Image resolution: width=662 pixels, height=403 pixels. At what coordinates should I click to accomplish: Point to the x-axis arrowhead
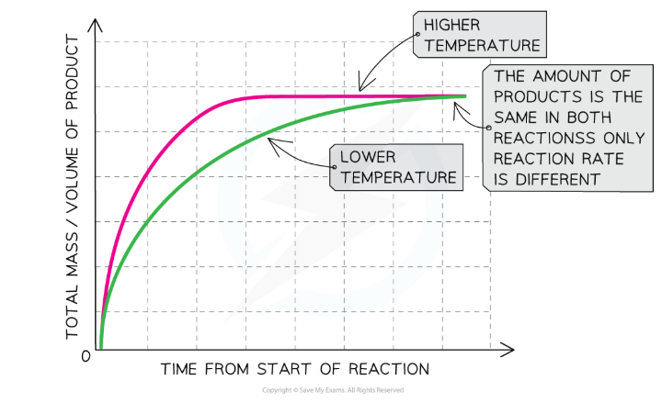pos(508,349)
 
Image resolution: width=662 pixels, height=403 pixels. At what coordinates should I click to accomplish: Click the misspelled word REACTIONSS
pos(548,139)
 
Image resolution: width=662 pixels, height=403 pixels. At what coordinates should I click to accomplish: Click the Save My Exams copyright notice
pos(331,390)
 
